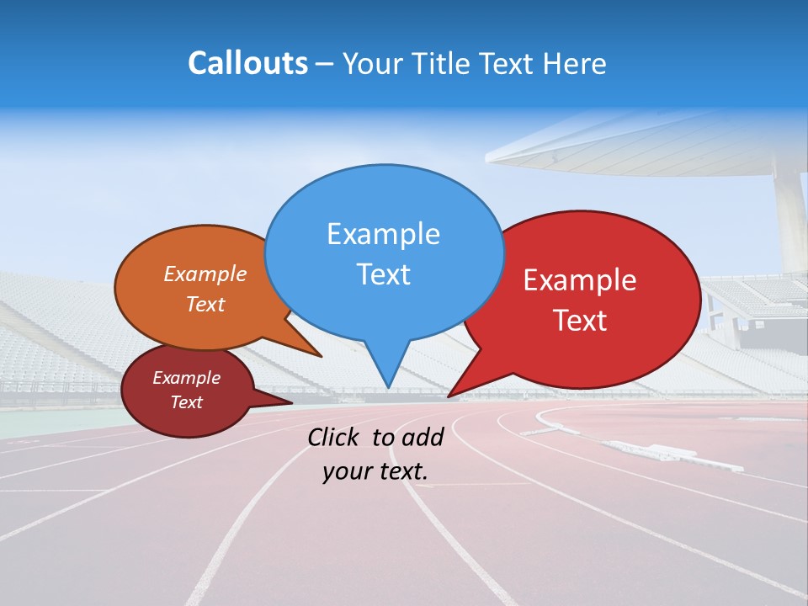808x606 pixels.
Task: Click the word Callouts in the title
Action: pos(247,63)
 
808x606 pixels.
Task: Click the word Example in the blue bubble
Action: pos(383,234)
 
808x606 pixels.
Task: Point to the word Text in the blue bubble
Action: pos(383,274)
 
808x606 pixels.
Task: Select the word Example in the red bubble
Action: pos(580,280)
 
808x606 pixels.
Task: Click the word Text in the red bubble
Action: pos(581,321)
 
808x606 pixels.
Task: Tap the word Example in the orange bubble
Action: pos(205,274)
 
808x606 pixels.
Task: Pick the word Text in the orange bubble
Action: pos(205,304)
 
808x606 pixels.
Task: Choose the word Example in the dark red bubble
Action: pos(186,378)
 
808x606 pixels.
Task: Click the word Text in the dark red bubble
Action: pos(186,402)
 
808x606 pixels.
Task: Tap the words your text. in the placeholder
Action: pos(375,471)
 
